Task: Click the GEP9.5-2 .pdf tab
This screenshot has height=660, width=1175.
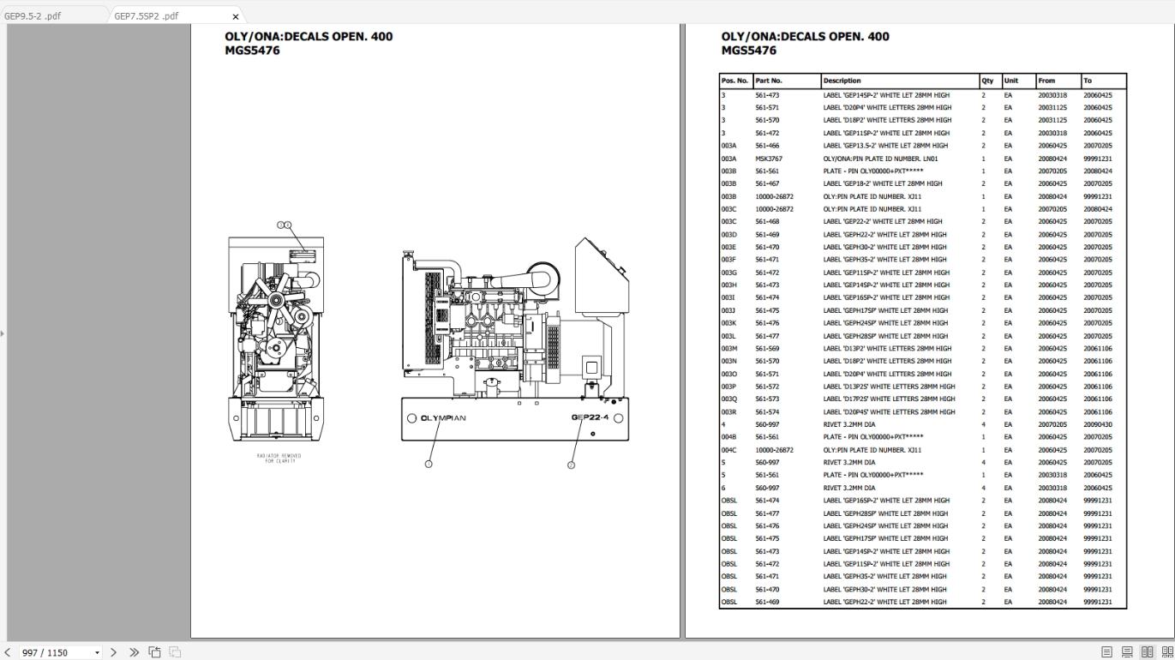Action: pyautogui.click(x=32, y=15)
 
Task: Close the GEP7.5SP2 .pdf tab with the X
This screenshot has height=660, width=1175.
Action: pyautogui.click(x=236, y=16)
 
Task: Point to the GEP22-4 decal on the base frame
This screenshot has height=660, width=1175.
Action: pyautogui.click(x=590, y=418)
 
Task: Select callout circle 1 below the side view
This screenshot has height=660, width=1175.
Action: pyautogui.click(x=429, y=465)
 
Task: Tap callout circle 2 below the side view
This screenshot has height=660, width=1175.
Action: pyautogui.click(x=571, y=465)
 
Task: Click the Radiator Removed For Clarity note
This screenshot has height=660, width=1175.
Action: pyautogui.click(x=279, y=458)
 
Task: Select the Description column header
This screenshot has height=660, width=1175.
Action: pyautogui.click(x=842, y=81)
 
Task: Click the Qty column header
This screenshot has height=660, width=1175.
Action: pyautogui.click(x=987, y=81)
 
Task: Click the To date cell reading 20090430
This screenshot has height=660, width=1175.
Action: pyautogui.click(x=1097, y=424)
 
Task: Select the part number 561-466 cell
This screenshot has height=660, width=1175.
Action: pyautogui.click(x=766, y=146)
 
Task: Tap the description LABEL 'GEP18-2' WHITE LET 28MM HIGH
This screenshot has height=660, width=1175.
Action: pyautogui.click(x=882, y=183)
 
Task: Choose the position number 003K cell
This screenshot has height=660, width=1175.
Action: pyautogui.click(x=728, y=323)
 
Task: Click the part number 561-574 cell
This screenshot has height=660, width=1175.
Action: pyautogui.click(x=766, y=411)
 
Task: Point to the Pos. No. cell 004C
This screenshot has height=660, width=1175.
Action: pyautogui.click(x=728, y=450)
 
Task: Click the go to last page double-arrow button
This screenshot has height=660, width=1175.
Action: pyautogui.click(x=134, y=652)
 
